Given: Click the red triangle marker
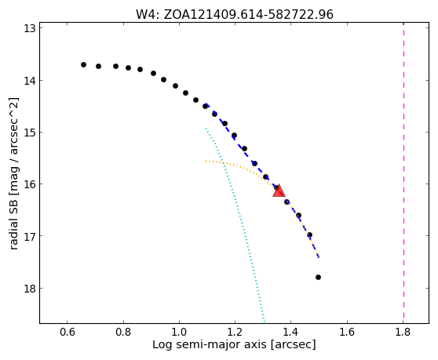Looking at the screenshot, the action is tap(279, 191).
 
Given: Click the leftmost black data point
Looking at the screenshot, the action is tap(83, 65).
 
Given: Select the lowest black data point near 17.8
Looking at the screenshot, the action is tap(318, 277).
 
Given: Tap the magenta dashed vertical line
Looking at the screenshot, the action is tap(403, 173).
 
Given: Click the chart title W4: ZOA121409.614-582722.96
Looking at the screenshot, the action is tap(235, 14).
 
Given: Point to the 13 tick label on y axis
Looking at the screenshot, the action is tap(29, 28).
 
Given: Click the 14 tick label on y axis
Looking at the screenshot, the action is tap(29, 81).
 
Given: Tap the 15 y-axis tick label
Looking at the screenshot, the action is tap(29, 133).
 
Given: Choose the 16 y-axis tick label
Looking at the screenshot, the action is tap(29, 184).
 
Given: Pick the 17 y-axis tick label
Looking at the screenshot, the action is tap(29, 236).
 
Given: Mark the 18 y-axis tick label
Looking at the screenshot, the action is tap(29, 289).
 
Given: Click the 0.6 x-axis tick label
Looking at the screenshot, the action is tap(68, 332).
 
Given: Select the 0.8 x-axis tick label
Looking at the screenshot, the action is tap(123, 332).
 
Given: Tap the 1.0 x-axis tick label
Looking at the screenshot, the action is tap(179, 332).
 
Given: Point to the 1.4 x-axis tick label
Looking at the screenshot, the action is tap(291, 332).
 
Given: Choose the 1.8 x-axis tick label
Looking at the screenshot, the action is tap(403, 332).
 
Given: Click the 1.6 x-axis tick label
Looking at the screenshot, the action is tap(347, 332).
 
